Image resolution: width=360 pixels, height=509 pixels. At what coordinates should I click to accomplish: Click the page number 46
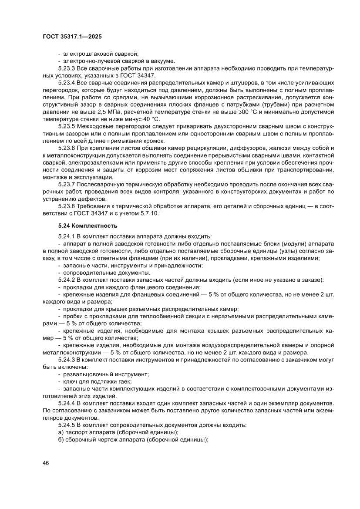pos(46,462)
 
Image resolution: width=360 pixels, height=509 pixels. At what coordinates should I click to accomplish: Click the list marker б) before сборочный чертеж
pos(61,439)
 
